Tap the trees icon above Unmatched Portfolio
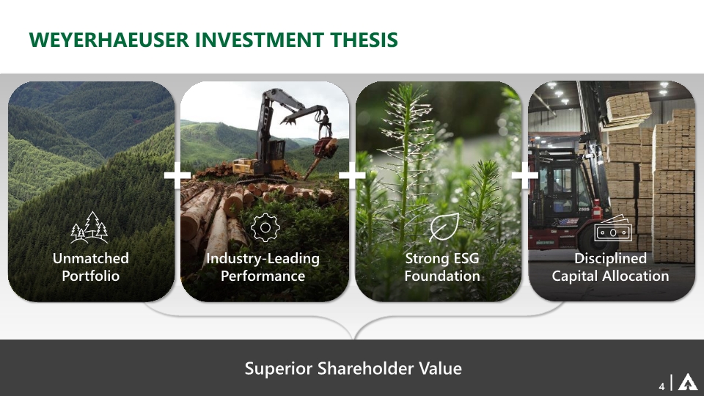[x=89, y=227]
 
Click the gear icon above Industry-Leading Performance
[x=265, y=227]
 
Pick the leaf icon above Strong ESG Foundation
[x=444, y=227]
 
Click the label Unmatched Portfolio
[x=90, y=267]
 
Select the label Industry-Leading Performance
[x=263, y=267]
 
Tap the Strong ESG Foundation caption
[x=442, y=267]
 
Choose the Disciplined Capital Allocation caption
[x=610, y=267]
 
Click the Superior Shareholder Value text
[x=353, y=368]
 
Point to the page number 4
[x=662, y=385]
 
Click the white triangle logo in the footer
[x=687, y=383]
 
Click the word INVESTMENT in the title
[x=257, y=40]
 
